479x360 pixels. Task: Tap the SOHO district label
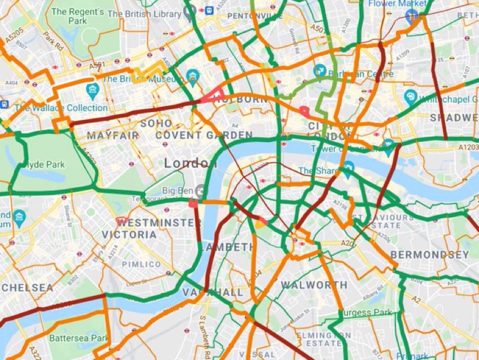[x=156, y=123]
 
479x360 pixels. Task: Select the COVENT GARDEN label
[x=204, y=135]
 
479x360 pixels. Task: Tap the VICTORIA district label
[x=129, y=235]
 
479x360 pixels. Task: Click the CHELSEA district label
[x=26, y=287]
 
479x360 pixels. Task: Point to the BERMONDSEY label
[x=429, y=255]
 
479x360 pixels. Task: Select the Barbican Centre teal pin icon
[x=320, y=70]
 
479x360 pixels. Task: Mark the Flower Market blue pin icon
[x=412, y=16]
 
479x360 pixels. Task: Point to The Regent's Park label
[x=77, y=16]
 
